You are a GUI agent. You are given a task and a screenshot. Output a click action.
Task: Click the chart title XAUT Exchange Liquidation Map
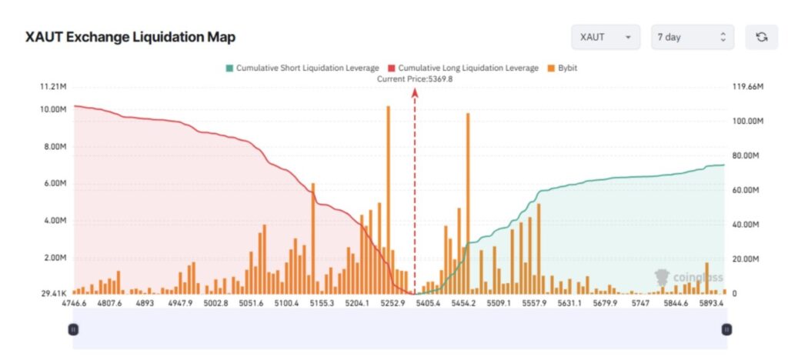(x=131, y=37)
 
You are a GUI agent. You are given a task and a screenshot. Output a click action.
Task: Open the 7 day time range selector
(x=692, y=37)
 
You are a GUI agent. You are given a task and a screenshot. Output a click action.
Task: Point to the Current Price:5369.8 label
(x=415, y=78)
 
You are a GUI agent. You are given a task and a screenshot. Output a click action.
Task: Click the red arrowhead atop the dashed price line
(x=415, y=92)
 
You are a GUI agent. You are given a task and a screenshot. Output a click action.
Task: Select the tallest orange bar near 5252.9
(x=388, y=200)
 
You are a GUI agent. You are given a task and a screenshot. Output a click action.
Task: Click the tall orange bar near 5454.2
(x=467, y=204)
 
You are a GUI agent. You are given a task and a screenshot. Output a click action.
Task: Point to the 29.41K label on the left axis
(x=52, y=294)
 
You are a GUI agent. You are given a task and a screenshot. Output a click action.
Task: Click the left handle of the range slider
(x=73, y=329)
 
